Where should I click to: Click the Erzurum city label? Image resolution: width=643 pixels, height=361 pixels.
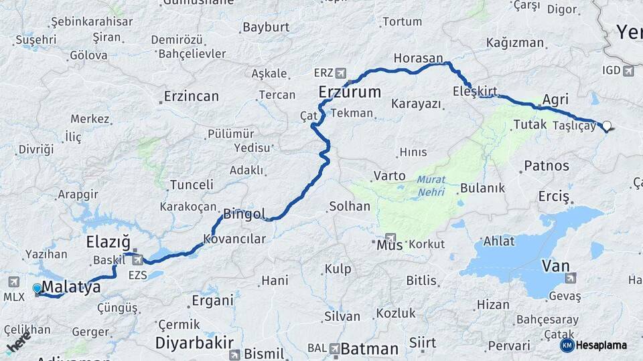(349, 92)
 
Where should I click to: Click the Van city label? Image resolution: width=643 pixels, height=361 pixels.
(555, 266)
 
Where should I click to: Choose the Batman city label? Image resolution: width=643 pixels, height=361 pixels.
(369, 348)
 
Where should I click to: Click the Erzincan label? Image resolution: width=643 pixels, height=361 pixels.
(192, 96)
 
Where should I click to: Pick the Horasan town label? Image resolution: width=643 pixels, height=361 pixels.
(419, 58)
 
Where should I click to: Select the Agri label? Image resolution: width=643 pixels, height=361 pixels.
(555, 99)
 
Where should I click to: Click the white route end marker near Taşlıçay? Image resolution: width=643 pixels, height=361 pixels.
(607, 125)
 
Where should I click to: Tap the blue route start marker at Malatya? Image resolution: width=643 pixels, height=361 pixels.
(37, 289)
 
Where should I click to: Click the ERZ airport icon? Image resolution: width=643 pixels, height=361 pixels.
(342, 72)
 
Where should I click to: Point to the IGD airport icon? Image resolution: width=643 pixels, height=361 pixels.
(628, 70)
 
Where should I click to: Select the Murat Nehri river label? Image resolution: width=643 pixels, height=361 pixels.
(431, 185)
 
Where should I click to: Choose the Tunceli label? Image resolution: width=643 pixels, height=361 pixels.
(192, 185)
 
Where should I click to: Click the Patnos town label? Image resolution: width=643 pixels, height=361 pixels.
(547, 165)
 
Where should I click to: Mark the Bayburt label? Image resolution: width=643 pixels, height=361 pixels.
(266, 27)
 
